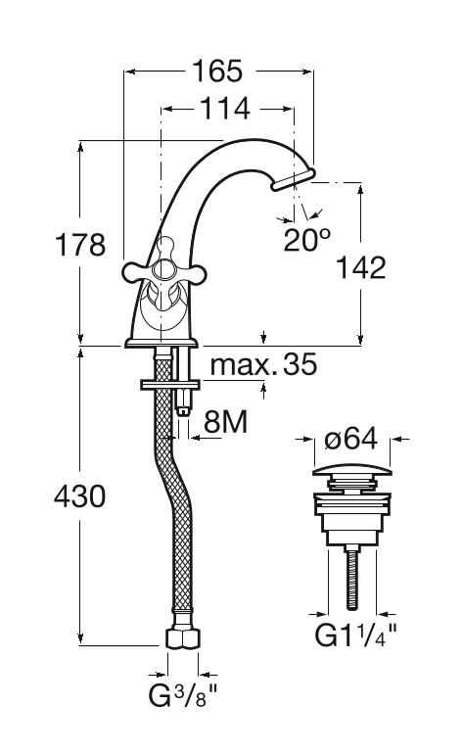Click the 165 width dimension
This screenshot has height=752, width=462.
pos(217,71)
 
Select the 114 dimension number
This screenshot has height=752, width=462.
pos(225,109)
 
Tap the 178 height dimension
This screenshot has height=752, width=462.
pos(80,244)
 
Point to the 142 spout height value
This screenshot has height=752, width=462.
pos(360,267)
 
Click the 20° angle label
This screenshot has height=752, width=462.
pos(307,239)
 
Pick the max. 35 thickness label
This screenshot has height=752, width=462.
pos(263,364)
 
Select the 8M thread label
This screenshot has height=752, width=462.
pos(225,423)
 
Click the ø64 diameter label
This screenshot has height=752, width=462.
pos(351,439)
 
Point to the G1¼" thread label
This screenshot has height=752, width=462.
pos(355,634)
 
